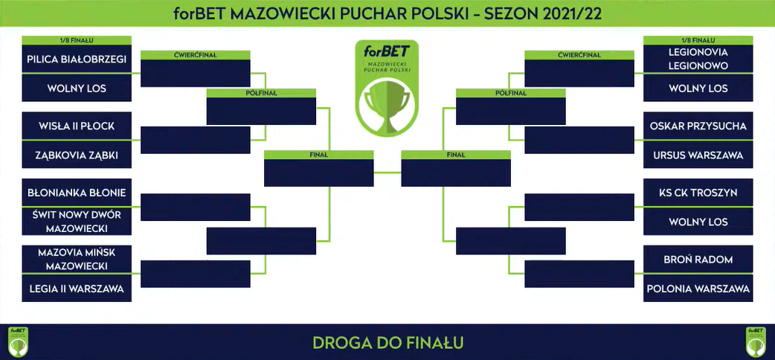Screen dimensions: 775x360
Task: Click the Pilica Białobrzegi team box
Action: (x=77, y=59)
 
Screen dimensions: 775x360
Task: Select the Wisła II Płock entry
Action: (x=77, y=126)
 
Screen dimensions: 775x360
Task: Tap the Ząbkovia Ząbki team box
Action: (x=77, y=155)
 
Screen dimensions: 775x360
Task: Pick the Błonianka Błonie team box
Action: (x=77, y=193)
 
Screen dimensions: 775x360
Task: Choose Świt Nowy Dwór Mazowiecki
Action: (x=77, y=222)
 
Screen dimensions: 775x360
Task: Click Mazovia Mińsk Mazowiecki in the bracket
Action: (x=77, y=259)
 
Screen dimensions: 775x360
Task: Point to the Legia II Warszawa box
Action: (x=77, y=289)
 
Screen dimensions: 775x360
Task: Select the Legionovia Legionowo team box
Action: (x=698, y=59)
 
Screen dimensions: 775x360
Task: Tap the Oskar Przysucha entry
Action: (x=698, y=126)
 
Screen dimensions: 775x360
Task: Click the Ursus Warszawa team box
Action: (x=698, y=155)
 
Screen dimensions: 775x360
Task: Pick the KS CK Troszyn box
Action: (x=698, y=193)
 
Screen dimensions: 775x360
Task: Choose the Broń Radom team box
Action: (x=698, y=259)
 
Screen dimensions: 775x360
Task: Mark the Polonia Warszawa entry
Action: (x=698, y=289)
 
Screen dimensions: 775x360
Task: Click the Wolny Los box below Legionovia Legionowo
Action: (x=698, y=88)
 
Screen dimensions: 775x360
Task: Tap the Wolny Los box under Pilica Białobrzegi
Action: (x=77, y=88)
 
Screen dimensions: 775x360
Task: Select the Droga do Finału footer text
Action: (x=387, y=342)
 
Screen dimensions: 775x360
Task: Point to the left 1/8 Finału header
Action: (x=77, y=40)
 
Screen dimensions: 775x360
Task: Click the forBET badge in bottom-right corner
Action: (x=756, y=342)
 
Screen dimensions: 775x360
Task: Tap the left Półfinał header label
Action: (x=261, y=93)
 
